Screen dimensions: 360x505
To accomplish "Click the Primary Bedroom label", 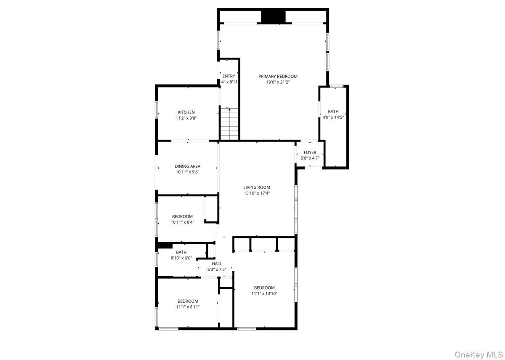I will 278,76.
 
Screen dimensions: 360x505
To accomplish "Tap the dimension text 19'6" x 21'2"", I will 278,83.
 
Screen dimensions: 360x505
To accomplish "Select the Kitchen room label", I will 186,112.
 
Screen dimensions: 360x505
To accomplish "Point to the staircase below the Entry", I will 229,123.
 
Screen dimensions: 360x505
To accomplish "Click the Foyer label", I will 310,152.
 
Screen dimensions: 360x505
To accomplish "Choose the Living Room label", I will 257,187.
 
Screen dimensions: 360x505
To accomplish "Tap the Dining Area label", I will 188,166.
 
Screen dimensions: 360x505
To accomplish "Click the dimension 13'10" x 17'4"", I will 257,193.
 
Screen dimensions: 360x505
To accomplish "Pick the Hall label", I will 217,264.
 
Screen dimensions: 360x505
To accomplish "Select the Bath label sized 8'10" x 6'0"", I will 181,252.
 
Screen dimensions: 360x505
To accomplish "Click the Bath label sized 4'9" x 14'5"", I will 333,112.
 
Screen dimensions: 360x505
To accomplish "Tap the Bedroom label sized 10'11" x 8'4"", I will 182,216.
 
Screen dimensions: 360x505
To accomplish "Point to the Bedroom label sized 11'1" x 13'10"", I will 264,288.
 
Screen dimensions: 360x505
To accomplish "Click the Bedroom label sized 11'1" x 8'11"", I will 188,301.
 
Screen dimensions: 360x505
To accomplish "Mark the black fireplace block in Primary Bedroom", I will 273,16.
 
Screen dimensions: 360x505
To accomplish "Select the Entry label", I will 229,76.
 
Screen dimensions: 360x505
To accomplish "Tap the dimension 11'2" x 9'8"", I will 186,118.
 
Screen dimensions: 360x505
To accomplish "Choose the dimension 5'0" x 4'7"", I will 310,158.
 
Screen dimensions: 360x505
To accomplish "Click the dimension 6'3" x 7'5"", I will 217,269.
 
